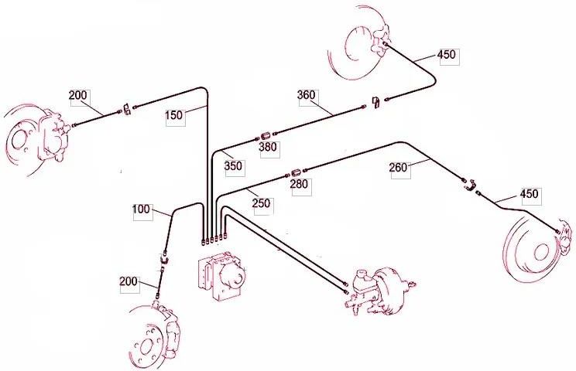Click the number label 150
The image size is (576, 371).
pos(173,115)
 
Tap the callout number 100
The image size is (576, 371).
pos(141,209)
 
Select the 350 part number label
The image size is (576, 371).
pos(233,166)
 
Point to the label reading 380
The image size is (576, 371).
pos(268,148)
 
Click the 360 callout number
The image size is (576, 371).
pos(306,95)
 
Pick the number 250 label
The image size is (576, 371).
pos(261,203)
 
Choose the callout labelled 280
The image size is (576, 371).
pos(299,184)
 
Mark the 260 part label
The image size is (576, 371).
pos(398,168)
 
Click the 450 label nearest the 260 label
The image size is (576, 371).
pos(530,193)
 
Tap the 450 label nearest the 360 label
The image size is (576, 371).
pos(447,55)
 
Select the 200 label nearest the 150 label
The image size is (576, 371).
pos(78,95)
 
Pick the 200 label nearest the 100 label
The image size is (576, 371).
pos(129,281)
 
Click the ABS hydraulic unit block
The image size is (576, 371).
pos(221,275)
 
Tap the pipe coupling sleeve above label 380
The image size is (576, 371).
pos(266,136)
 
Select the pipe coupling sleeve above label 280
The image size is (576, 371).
pos(297,172)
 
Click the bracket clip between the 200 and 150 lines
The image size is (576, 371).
pos(127,109)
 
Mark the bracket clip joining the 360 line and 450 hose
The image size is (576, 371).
pos(375,102)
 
